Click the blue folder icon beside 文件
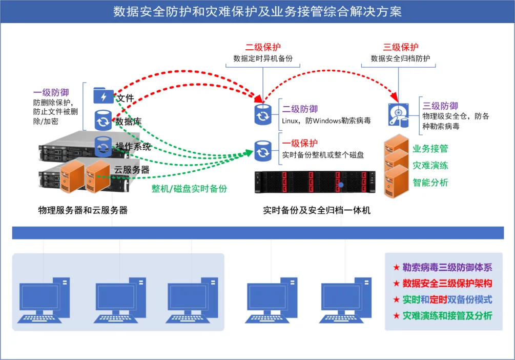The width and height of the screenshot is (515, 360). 104,96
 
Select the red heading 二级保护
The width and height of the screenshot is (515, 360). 263,47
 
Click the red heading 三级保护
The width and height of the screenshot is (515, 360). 401,47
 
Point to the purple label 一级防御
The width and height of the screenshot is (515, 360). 51,93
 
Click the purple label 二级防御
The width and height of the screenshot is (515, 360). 300,109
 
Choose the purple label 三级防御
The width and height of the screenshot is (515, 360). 440,106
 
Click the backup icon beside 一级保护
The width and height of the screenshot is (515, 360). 263,151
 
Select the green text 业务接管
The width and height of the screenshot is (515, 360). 430,149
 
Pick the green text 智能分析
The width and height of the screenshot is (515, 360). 430,182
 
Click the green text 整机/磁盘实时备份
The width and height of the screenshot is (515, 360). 189,188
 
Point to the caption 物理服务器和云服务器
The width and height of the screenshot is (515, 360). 83,210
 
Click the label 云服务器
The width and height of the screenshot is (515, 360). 132,169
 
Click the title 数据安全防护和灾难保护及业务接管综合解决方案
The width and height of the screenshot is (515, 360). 257,11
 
